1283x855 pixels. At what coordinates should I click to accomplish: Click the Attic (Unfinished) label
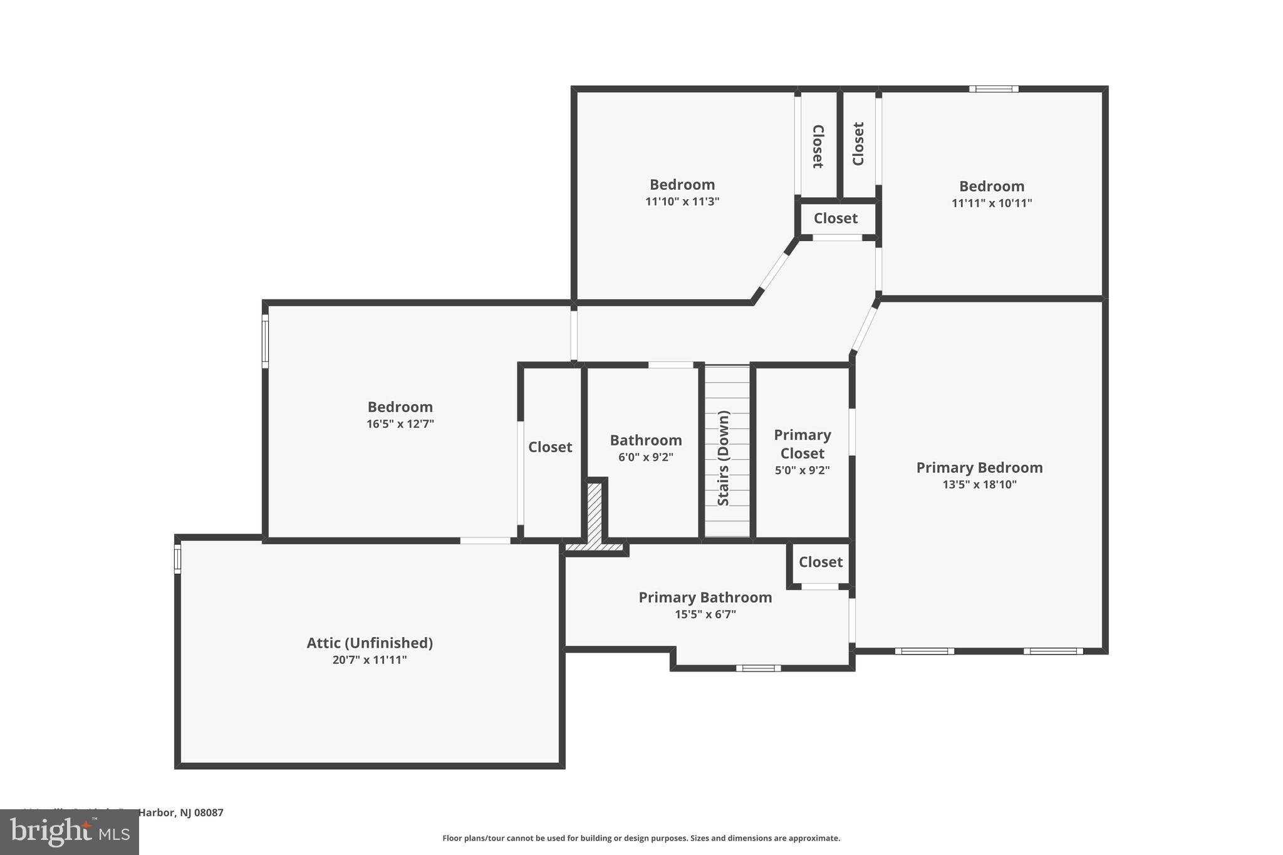tap(370, 643)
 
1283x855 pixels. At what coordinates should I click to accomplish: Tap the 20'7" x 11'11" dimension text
tap(370, 660)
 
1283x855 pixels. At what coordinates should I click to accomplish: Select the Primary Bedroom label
tap(979, 467)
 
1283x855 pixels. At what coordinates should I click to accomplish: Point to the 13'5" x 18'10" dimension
tap(979, 484)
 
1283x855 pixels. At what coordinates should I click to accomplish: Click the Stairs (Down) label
tap(724, 458)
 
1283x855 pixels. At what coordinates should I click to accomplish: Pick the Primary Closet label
tap(802, 443)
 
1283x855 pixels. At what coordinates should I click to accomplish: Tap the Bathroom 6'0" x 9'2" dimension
tap(646, 457)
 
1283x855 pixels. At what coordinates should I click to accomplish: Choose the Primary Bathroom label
tap(705, 598)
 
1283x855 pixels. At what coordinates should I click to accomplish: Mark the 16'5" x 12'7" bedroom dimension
tap(400, 424)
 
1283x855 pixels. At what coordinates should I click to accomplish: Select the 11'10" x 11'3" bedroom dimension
tap(682, 202)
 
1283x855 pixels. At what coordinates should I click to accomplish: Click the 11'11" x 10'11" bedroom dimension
tap(992, 203)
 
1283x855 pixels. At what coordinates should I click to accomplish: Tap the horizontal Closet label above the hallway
tap(835, 219)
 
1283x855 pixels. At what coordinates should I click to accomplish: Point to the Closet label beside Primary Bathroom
tap(820, 562)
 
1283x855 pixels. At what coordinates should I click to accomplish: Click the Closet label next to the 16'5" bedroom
tap(550, 447)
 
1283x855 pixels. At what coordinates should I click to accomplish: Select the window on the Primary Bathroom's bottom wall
tap(758, 668)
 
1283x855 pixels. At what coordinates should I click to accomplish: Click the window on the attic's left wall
tap(177, 559)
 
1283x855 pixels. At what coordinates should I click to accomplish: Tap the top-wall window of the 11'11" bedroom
tap(994, 89)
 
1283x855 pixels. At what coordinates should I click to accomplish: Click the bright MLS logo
tap(70, 832)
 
